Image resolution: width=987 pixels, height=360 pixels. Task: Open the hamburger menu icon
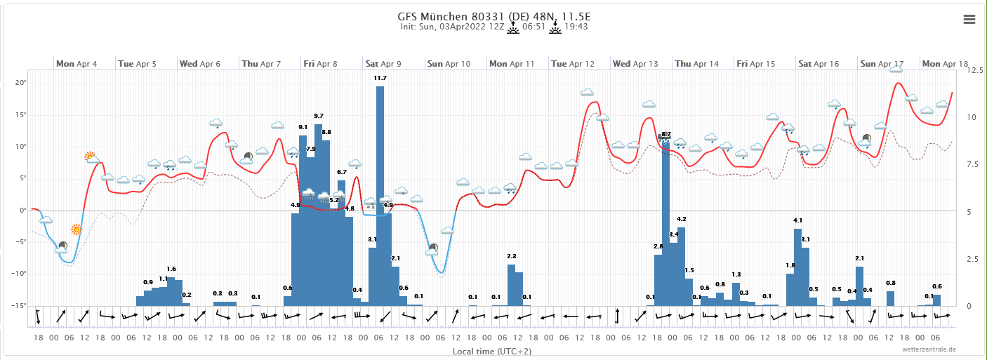coord(969,20)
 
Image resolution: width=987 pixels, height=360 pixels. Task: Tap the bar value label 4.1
coord(797,220)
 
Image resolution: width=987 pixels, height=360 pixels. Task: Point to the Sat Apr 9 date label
coord(383,64)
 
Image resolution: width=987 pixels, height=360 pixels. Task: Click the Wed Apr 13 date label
coord(635,64)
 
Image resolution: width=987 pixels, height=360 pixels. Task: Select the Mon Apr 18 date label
coord(945,64)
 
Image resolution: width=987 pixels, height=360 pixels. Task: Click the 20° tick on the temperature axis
coord(20,83)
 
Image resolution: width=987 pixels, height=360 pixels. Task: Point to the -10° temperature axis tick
coord(18,274)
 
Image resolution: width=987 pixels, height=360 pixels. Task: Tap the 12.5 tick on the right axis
coord(974,71)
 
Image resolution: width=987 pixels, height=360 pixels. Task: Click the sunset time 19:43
coord(576,27)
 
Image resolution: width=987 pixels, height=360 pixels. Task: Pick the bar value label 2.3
coord(512,256)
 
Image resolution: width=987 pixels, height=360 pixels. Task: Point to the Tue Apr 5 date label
coord(137,64)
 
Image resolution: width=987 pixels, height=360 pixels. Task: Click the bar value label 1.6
coord(171,269)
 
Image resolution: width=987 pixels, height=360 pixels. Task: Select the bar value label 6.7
coord(342,172)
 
